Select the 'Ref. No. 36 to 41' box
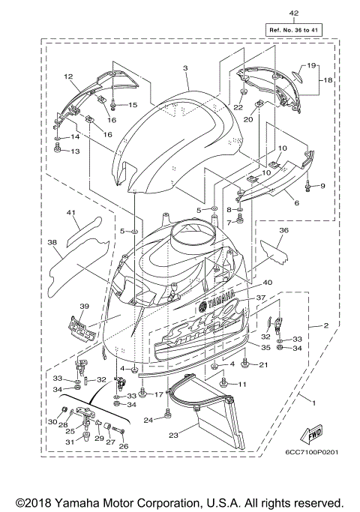293,29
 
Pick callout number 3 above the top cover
184,67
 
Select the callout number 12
67,76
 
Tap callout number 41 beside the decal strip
71,214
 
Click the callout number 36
284,231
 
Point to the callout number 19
312,66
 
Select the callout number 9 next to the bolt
322,185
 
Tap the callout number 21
263,364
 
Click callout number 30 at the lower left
52,422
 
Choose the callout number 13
74,151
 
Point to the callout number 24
148,420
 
